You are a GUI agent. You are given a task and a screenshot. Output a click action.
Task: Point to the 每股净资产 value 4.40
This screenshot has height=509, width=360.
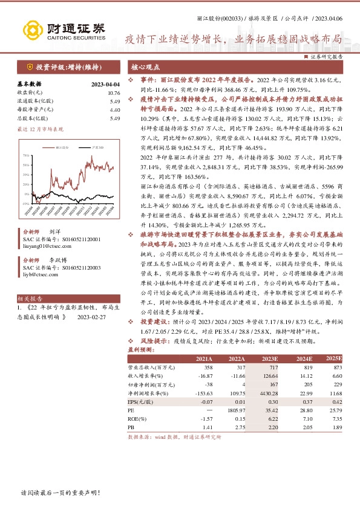pyautogui.click(x=115, y=110)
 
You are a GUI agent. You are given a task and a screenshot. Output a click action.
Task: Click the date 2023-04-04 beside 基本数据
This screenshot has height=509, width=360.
pyautogui.click(x=105, y=84)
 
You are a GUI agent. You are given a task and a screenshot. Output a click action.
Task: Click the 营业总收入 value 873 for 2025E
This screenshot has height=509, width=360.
pyautogui.click(x=338, y=367)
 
